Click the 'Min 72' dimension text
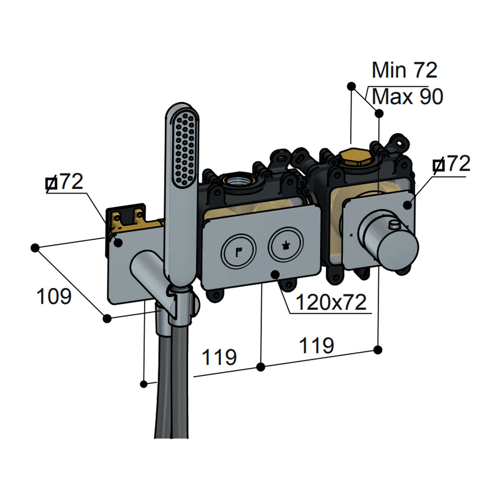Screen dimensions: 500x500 (404, 70)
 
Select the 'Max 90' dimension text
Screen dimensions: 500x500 (407, 97)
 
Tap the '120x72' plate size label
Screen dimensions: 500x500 (331, 302)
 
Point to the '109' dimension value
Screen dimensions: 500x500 (54, 296)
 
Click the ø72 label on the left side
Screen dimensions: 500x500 (64, 182)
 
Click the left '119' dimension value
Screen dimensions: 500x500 (219, 357)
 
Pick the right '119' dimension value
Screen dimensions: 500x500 (317, 345)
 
